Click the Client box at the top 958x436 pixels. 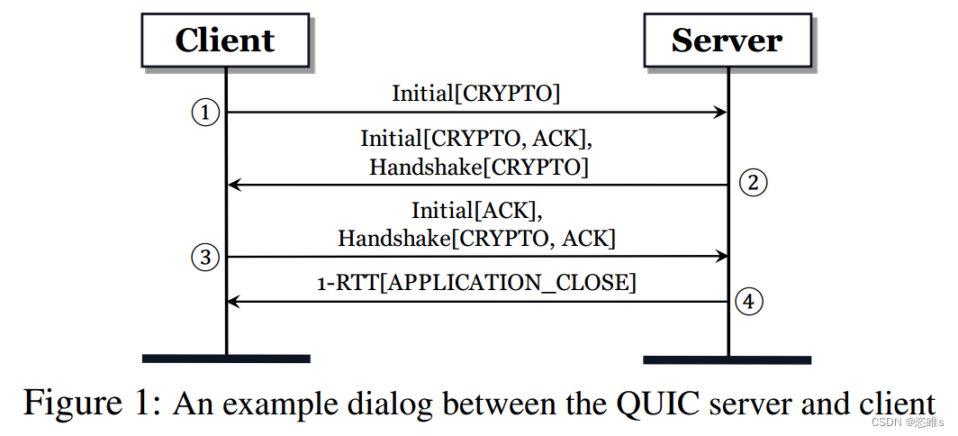tap(225, 41)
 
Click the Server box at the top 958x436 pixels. tap(727, 41)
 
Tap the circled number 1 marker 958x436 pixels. tap(205, 113)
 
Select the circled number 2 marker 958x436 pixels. tap(753, 183)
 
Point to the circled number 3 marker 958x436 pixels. tap(205, 257)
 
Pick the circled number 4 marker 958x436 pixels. tap(749, 301)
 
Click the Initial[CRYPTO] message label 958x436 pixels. tap(475, 93)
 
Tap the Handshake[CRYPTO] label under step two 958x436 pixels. tap(479, 167)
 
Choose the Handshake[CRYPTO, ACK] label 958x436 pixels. tap(476, 239)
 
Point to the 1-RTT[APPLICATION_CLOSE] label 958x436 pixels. tap(476, 284)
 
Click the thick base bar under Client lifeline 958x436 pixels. tap(226, 359)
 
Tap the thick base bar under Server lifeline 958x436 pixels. tap(728, 359)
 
